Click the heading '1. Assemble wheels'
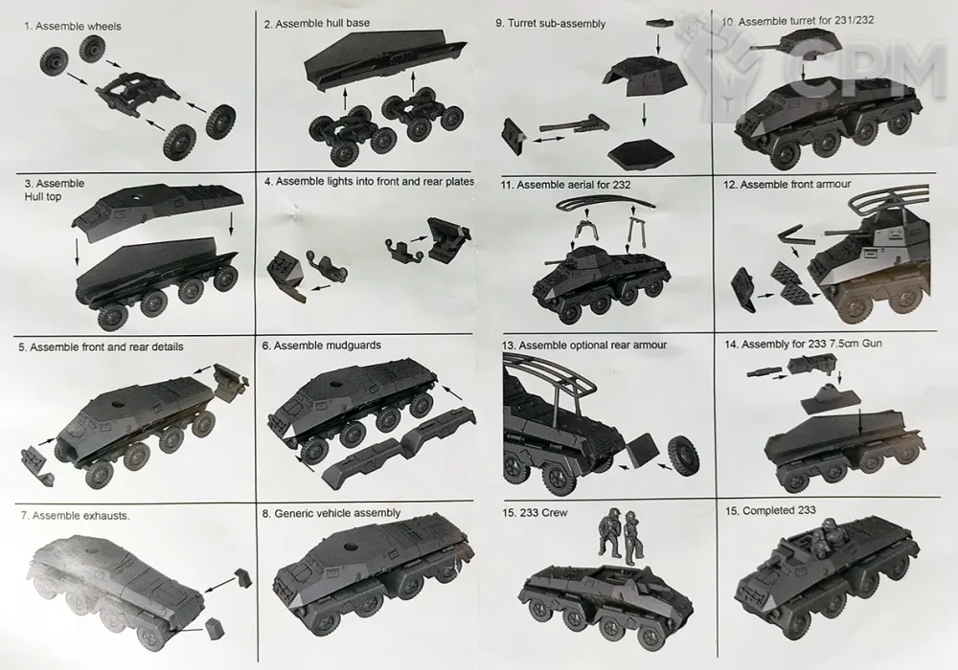(x=73, y=26)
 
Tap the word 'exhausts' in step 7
(x=109, y=516)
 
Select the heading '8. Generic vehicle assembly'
(x=331, y=513)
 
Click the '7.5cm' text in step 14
(x=843, y=344)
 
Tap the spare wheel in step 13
(x=684, y=456)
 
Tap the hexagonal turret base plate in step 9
(x=643, y=154)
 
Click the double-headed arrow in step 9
(x=549, y=141)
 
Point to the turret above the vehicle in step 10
(x=791, y=44)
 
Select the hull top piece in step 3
(x=158, y=209)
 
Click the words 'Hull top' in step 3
(x=43, y=196)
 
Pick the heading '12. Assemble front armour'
(x=787, y=185)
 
